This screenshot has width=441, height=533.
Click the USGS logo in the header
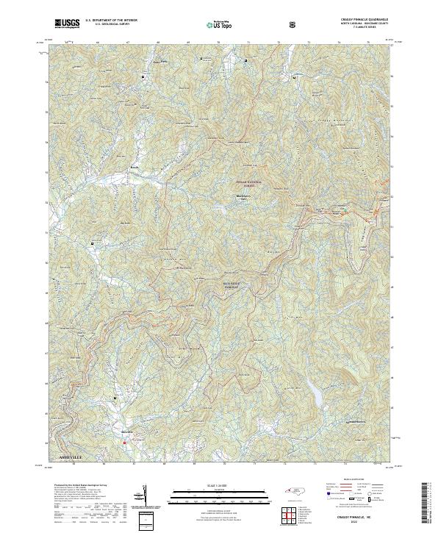pos(66,24)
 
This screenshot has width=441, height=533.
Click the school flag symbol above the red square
pos(115,398)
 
